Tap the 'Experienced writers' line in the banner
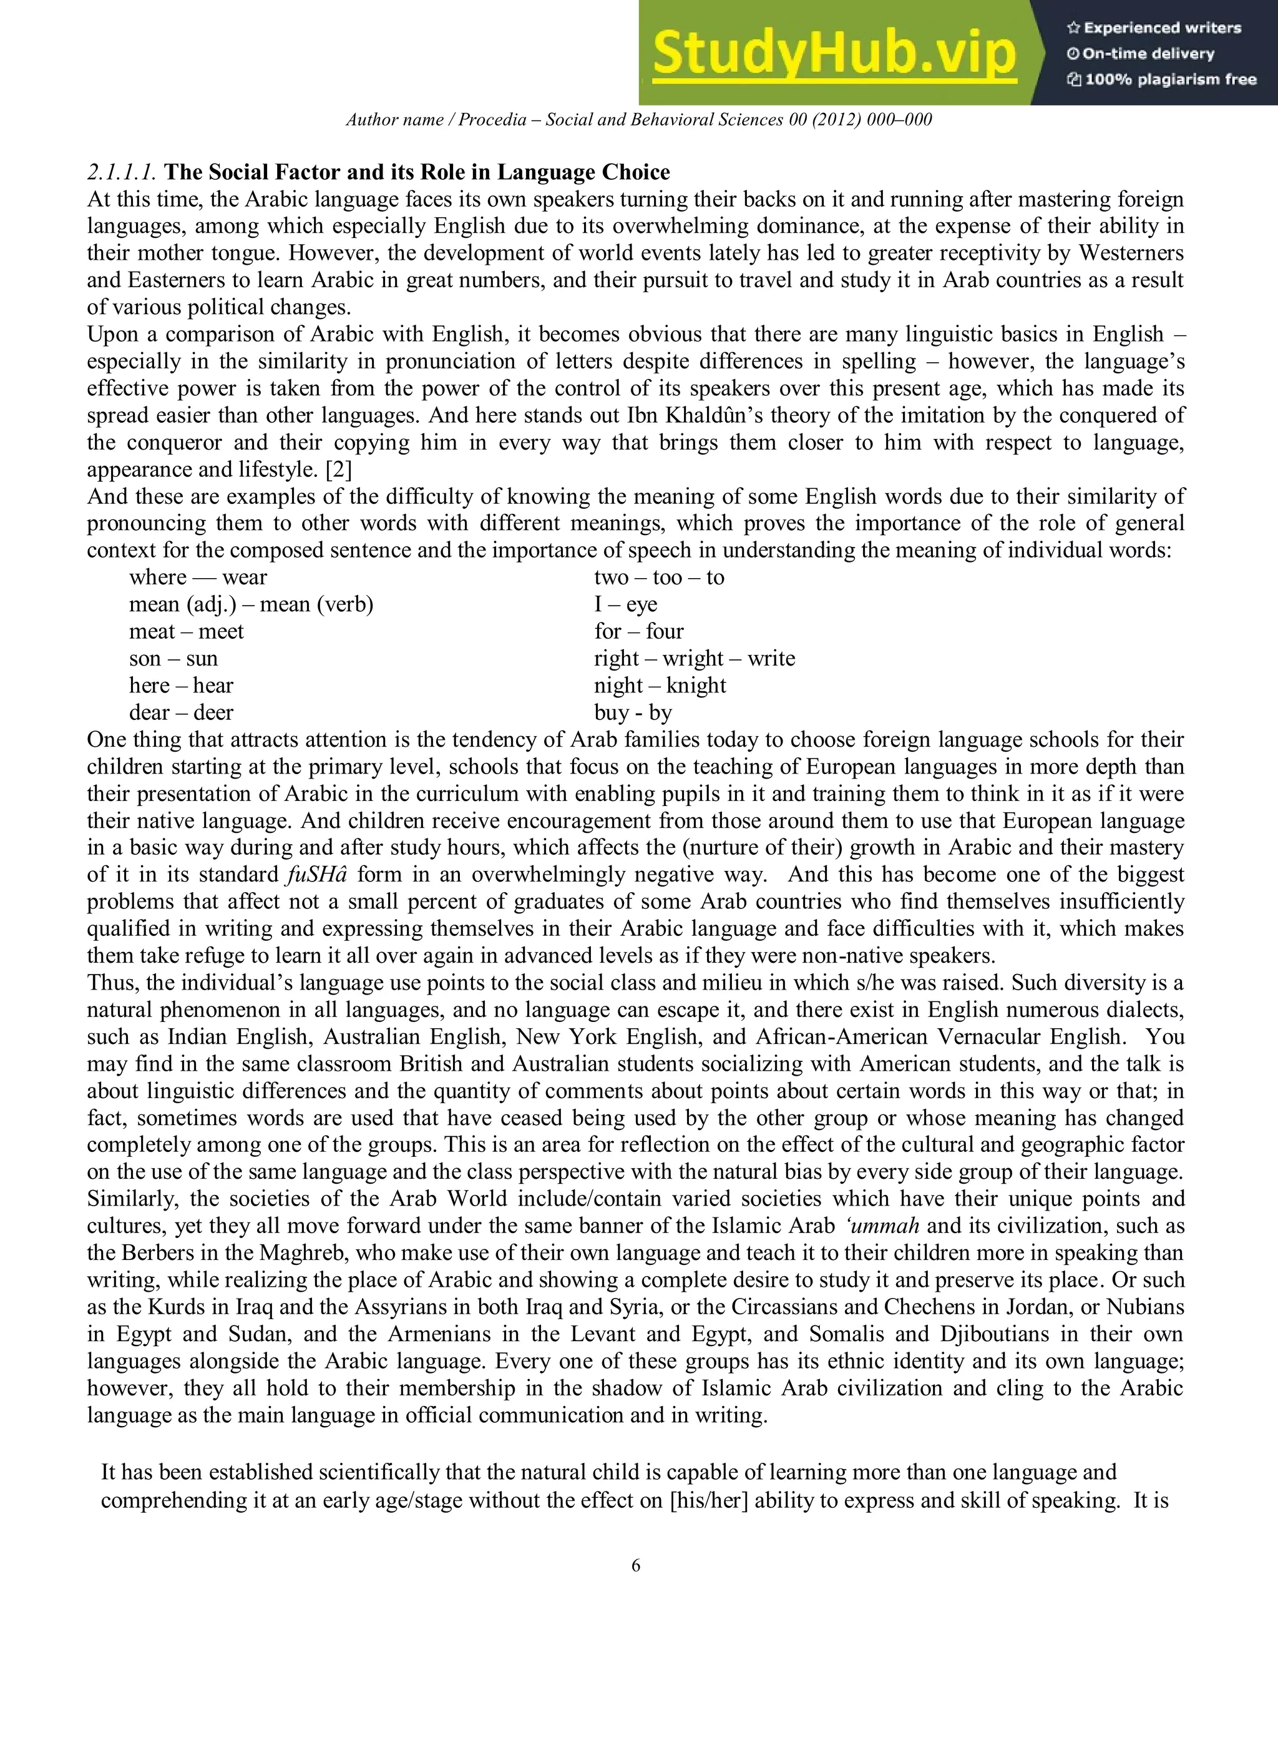pyautogui.click(x=1154, y=28)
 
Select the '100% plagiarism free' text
pyautogui.click(x=1162, y=79)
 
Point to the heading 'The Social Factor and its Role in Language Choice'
pyautogui.click(x=417, y=172)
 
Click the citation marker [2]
pyautogui.click(x=339, y=469)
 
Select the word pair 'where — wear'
pyautogui.click(x=198, y=578)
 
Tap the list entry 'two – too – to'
pyautogui.click(x=659, y=578)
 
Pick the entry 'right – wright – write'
pyautogui.click(x=695, y=659)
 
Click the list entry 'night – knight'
pyautogui.click(x=660, y=686)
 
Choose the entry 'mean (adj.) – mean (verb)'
pyautogui.click(x=251, y=604)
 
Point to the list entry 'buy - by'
pyautogui.click(x=633, y=713)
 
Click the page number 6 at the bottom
pyautogui.click(x=636, y=1565)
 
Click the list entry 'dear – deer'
pyautogui.click(x=181, y=713)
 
